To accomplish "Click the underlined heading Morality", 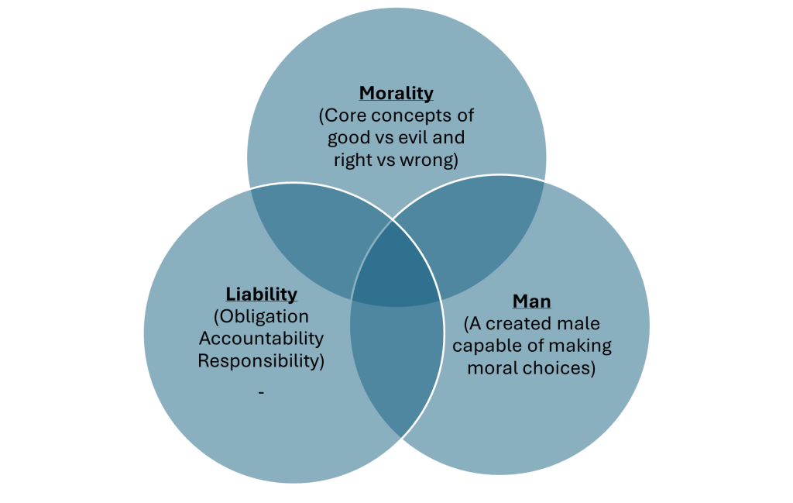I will pos(396,94).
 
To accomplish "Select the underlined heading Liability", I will pos(261,294).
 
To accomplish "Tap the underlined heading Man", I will pos(531,301).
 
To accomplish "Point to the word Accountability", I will pos(261,339).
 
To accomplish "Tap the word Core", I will pos(346,116).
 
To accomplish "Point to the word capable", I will pos(496,346).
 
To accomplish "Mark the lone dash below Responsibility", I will pos(261,393).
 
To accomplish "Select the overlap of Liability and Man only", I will pos(396,372).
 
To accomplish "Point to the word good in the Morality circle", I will pos(350,138).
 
